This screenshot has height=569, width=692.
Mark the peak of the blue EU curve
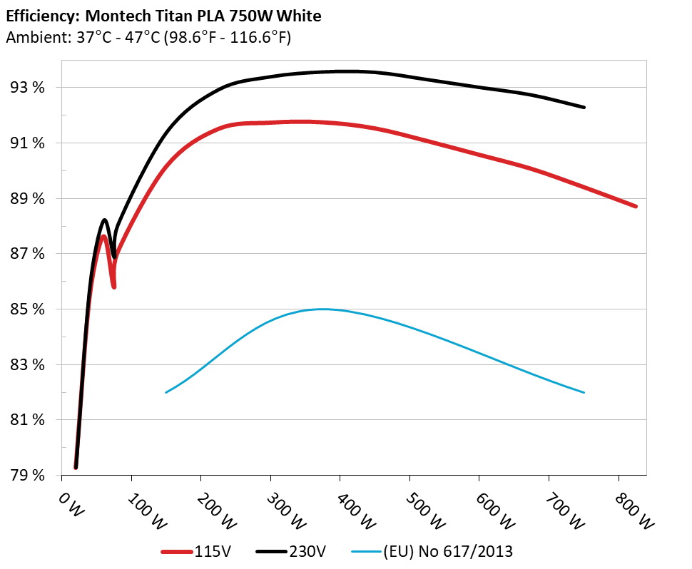click(322, 309)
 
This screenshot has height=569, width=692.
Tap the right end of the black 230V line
click(584, 107)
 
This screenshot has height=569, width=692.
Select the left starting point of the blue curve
click(166, 392)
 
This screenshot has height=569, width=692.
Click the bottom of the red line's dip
click(113, 287)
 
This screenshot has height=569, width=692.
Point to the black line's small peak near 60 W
click(105, 220)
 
